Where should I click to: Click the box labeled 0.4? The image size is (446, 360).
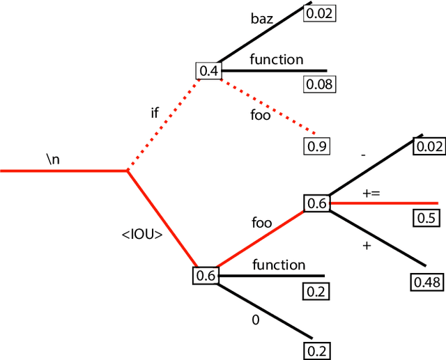pos(208,70)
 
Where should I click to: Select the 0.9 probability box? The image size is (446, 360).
pos(317,146)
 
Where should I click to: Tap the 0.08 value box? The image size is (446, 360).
pos(320,85)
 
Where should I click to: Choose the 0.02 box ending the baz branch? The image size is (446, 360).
pos(320,13)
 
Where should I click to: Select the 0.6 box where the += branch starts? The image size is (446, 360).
pos(316,203)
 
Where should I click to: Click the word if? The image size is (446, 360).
pos(155,112)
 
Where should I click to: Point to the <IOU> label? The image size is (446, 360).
pos(142,235)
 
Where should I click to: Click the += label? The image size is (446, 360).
pos(371,192)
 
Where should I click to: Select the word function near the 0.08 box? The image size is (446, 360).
pos(277,60)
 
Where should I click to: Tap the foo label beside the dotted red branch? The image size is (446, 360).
pos(260,116)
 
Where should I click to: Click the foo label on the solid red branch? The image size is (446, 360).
pos(261,224)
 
